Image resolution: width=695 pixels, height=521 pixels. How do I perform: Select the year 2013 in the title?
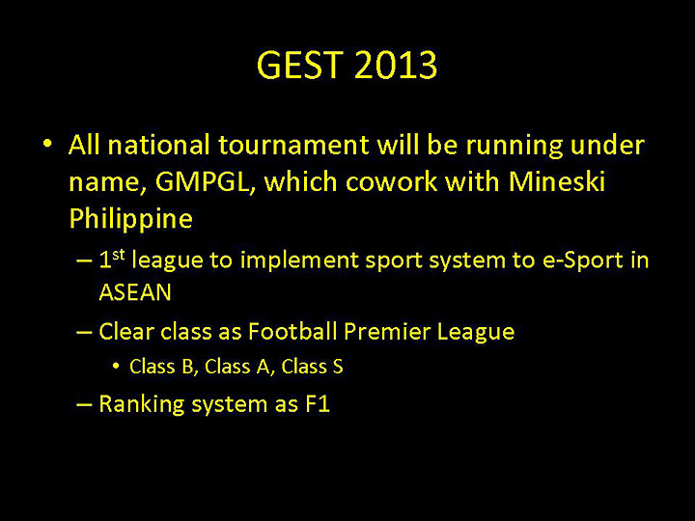396,66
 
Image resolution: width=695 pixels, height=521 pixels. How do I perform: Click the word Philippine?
130,219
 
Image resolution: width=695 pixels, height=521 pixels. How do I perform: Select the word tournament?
293,146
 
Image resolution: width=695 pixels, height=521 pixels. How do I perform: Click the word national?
159,146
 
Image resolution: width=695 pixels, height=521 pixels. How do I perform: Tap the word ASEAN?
134,292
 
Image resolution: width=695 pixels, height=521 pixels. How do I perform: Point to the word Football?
292,332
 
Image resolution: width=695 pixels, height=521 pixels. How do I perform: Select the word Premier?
386,332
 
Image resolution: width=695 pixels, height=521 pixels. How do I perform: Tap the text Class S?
312,367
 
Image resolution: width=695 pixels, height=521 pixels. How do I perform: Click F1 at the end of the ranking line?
318,404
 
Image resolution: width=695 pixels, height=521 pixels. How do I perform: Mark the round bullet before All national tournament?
46,145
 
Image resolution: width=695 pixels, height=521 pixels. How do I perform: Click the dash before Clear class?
84,333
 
